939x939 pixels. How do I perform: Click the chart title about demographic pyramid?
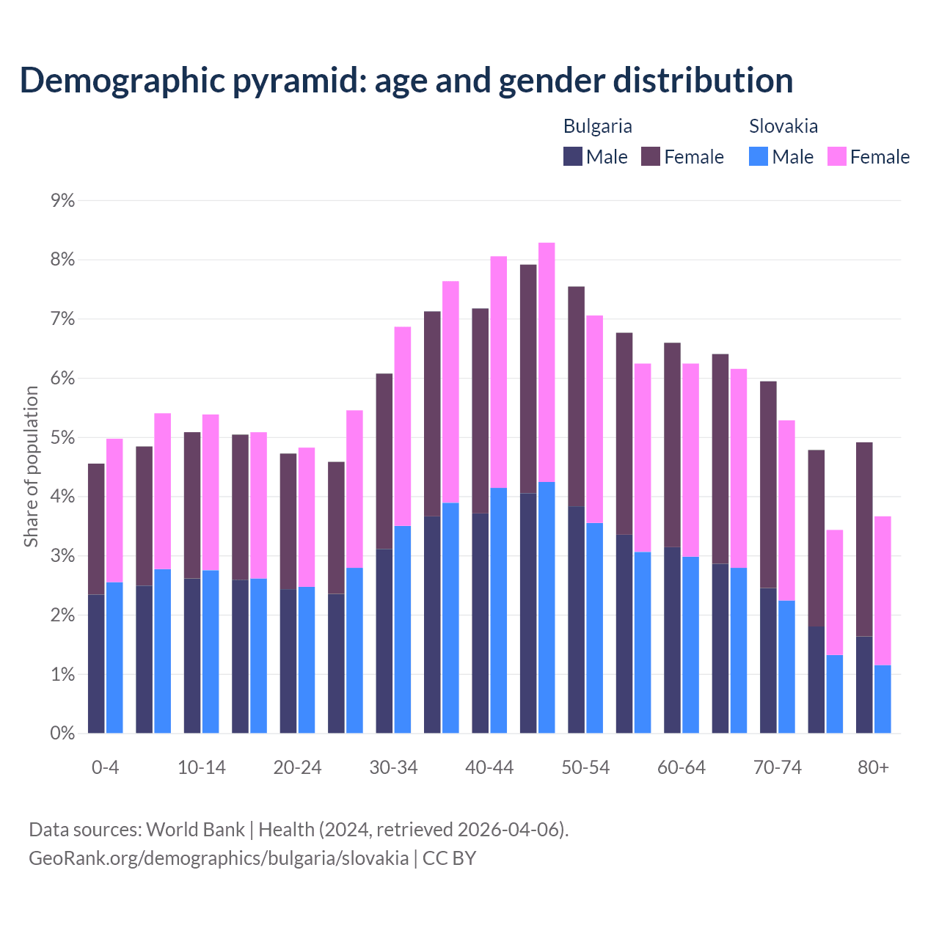point(406,80)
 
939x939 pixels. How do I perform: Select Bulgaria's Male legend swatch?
point(573,156)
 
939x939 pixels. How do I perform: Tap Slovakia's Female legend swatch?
point(837,156)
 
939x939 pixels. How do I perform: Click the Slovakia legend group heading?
point(783,126)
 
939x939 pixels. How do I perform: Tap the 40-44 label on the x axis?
point(489,767)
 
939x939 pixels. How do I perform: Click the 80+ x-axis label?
point(873,767)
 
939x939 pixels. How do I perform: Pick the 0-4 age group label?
point(105,767)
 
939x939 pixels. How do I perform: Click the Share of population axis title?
point(31,467)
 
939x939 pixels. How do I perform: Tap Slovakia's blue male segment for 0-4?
point(114,657)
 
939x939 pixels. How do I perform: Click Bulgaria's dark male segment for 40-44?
point(481,623)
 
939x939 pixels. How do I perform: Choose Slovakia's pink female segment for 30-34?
point(403,426)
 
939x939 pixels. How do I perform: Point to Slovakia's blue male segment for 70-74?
point(786,667)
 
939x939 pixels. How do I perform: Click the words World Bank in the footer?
point(195,830)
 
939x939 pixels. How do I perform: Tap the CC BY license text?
point(449,858)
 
